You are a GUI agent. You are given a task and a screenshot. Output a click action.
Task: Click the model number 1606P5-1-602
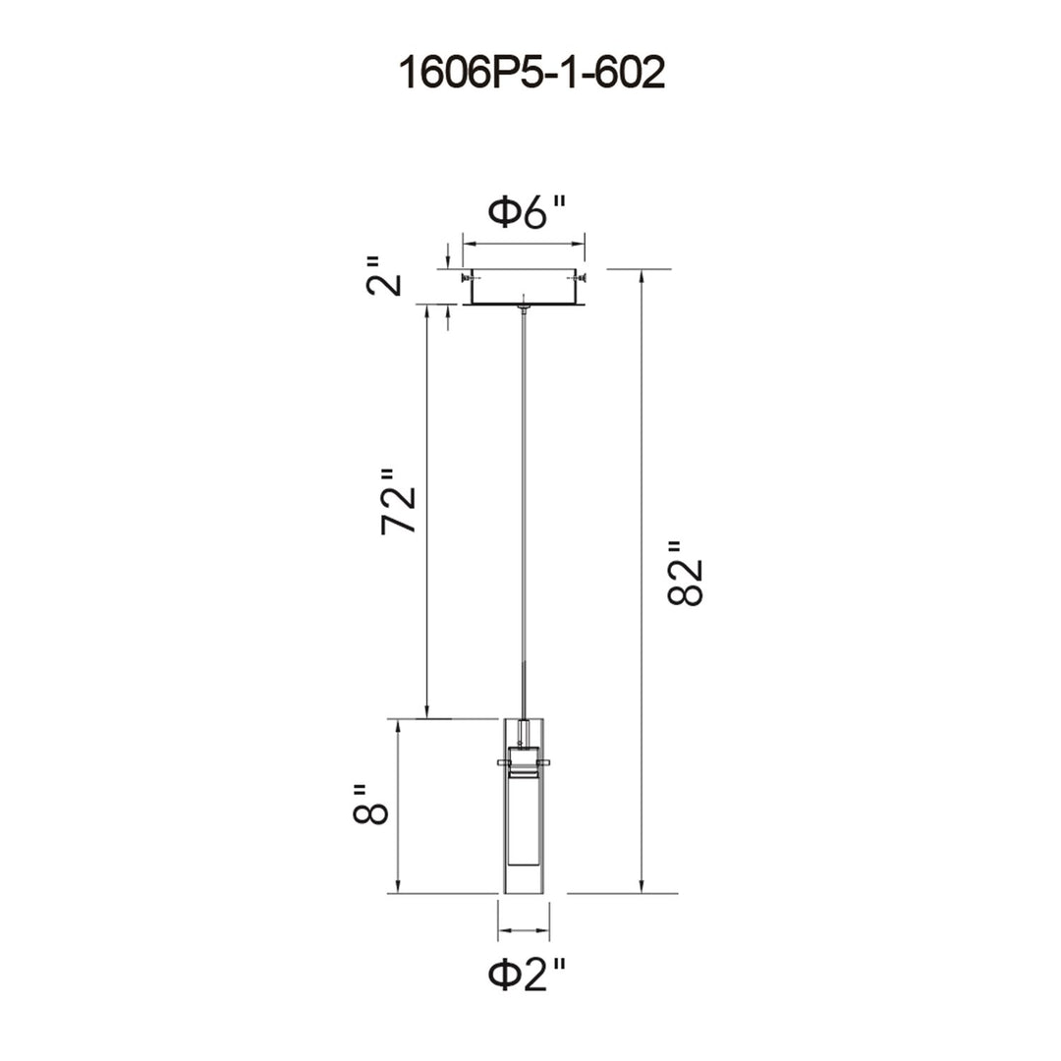(531, 73)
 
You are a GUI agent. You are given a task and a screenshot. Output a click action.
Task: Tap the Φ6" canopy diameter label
(527, 212)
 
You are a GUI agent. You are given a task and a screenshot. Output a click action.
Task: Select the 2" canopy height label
(384, 275)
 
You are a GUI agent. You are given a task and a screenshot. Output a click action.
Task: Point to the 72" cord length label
(398, 501)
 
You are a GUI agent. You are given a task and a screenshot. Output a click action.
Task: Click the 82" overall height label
(685, 573)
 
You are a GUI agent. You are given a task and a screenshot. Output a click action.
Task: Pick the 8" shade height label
(370, 804)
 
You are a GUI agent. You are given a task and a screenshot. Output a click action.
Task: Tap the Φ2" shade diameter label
(527, 976)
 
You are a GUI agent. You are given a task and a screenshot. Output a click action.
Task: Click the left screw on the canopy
(467, 277)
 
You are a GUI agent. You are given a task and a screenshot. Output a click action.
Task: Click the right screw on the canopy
(580, 277)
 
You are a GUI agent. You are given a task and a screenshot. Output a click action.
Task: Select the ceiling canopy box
(524, 288)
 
